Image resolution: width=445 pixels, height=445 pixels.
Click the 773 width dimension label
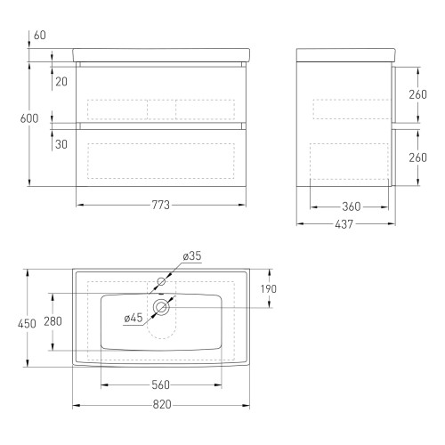click(160, 205)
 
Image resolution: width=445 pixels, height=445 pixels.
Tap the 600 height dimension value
click(29, 118)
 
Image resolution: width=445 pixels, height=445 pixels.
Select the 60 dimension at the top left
click(40, 35)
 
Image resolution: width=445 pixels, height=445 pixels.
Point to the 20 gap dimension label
click(61, 82)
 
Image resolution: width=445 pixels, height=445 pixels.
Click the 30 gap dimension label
click(61, 144)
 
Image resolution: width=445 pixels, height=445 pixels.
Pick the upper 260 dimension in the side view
click(417, 94)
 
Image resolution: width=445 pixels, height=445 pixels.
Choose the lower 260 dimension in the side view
click(417, 158)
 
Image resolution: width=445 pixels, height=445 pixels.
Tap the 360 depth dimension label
click(352, 206)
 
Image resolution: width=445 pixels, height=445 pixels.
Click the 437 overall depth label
click(344, 224)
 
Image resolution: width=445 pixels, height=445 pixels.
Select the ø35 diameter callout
click(192, 255)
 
